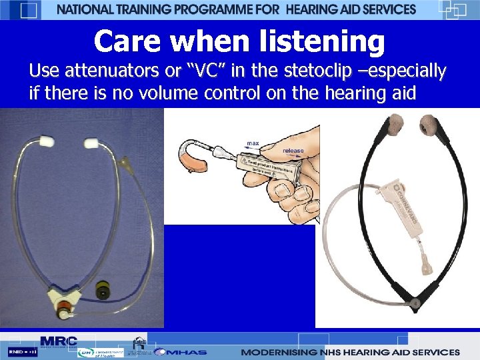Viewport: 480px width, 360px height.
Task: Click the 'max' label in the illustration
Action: (253, 143)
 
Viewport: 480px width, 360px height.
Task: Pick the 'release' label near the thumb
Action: (293, 151)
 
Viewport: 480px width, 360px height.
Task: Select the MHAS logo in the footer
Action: (180, 351)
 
